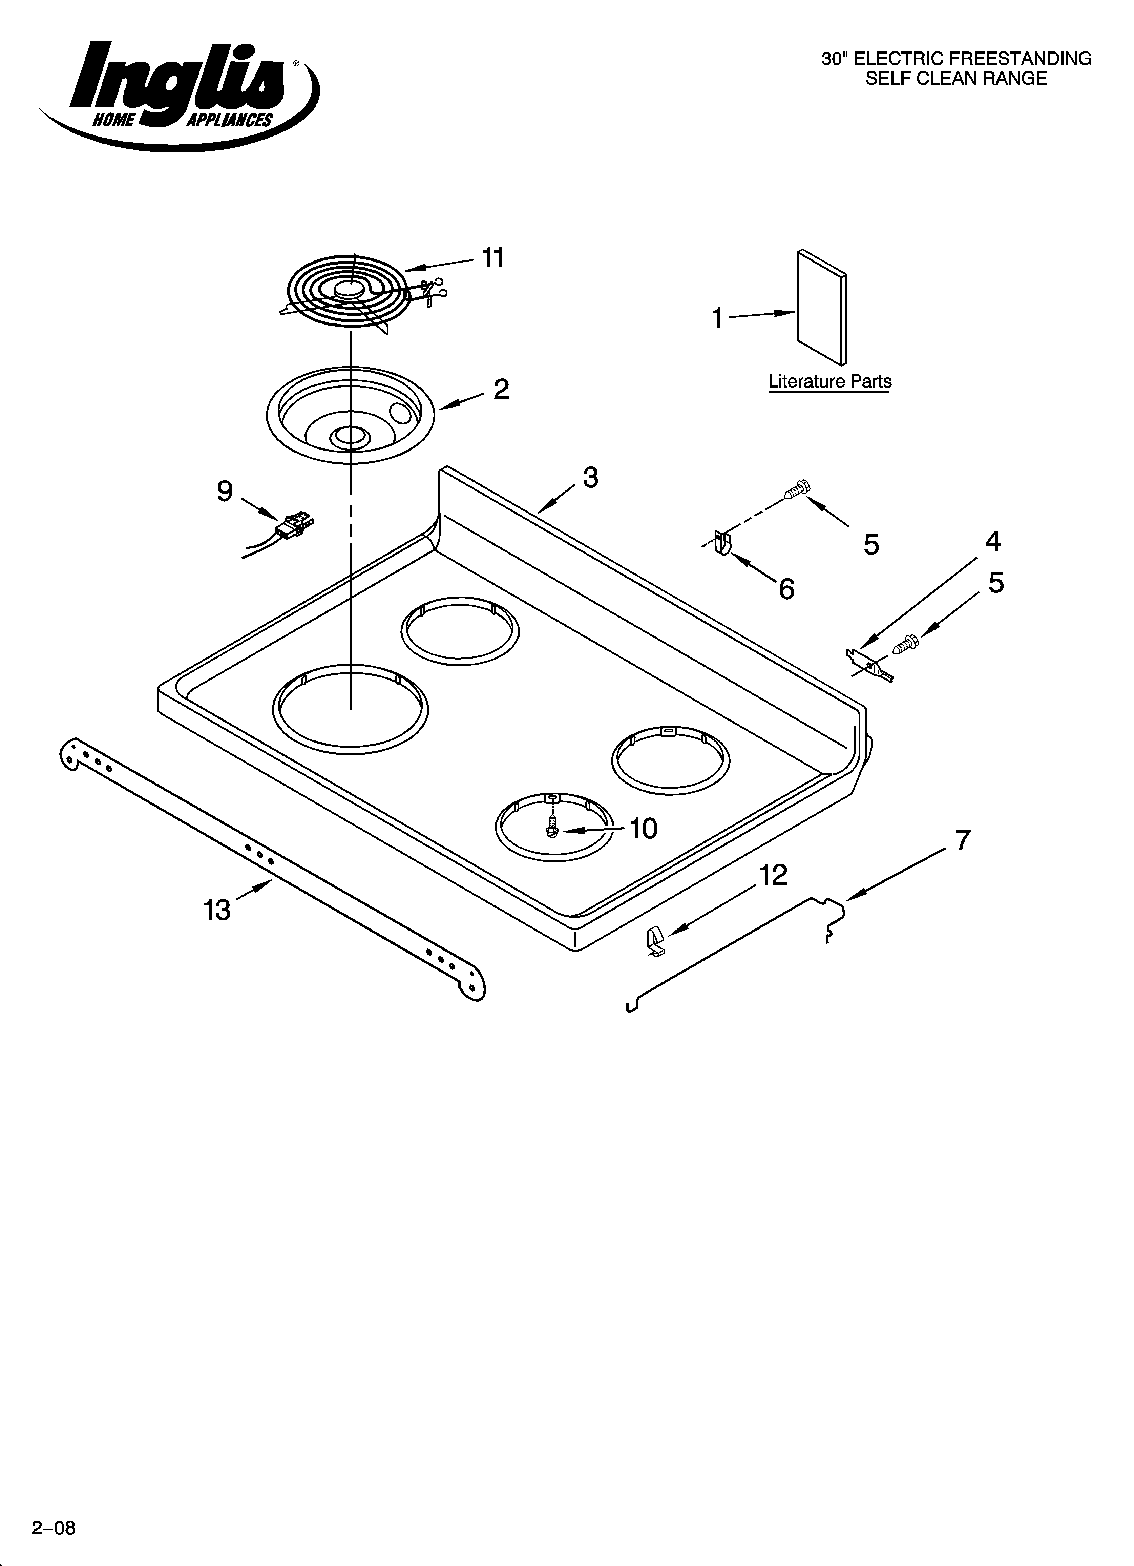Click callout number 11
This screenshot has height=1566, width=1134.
(492, 258)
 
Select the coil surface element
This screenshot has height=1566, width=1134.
(352, 290)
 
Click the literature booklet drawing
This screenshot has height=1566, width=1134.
(822, 307)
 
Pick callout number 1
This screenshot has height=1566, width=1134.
(718, 318)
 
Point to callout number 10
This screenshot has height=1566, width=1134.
(644, 829)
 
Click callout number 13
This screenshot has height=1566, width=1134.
(217, 910)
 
